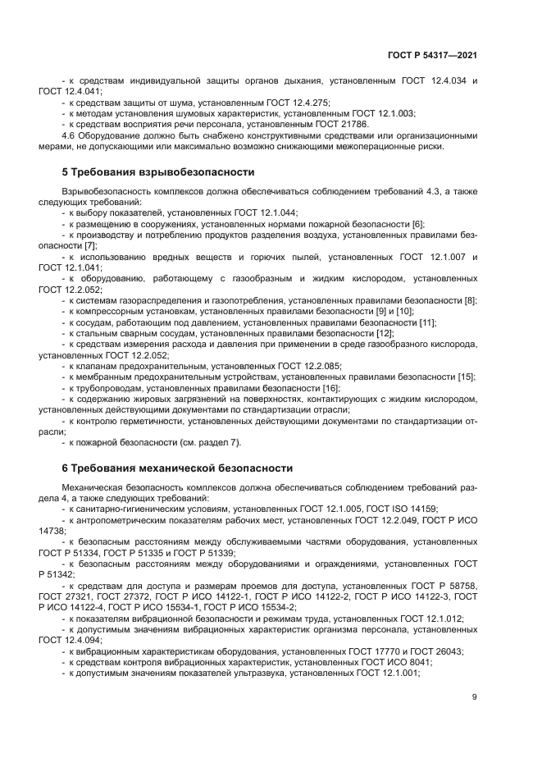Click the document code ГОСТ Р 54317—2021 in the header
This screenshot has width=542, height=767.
point(431,54)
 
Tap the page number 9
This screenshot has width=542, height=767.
point(474,697)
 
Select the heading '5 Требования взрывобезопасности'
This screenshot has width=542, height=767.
point(158,172)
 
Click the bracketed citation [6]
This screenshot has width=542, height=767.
point(417,223)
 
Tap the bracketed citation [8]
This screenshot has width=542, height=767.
point(470,300)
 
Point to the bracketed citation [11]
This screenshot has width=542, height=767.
point(426,322)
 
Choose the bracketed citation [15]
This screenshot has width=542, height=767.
point(466,377)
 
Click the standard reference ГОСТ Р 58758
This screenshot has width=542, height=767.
point(444,587)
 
